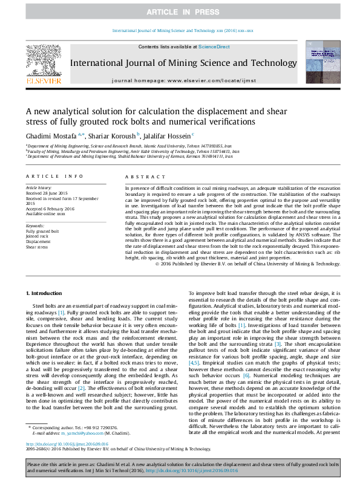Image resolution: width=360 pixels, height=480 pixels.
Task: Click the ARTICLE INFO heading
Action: click(54, 177)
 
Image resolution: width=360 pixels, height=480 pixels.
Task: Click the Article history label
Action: click(39, 189)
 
